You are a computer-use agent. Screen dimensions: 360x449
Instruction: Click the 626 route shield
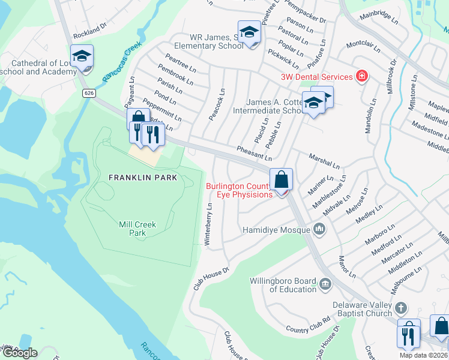pyautogui.click(x=89, y=92)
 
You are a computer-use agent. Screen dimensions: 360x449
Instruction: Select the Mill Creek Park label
pyautogui.click(x=137, y=229)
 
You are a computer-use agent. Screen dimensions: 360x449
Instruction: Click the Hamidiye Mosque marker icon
pyautogui.click(x=319, y=229)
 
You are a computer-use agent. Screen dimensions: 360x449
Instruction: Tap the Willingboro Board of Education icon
pyautogui.click(x=325, y=283)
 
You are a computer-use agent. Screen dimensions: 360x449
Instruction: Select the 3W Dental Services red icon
pyautogui.click(x=361, y=76)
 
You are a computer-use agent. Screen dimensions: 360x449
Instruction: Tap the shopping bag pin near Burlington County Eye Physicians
pyautogui.click(x=281, y=179)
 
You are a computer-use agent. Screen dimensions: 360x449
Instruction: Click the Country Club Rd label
pyautogui.click(x=309, y=329)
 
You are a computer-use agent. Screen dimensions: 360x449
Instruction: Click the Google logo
pyautogui.click(x=19, y=353)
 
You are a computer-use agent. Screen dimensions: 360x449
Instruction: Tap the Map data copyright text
pyautogui.click(x=423, y=355)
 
